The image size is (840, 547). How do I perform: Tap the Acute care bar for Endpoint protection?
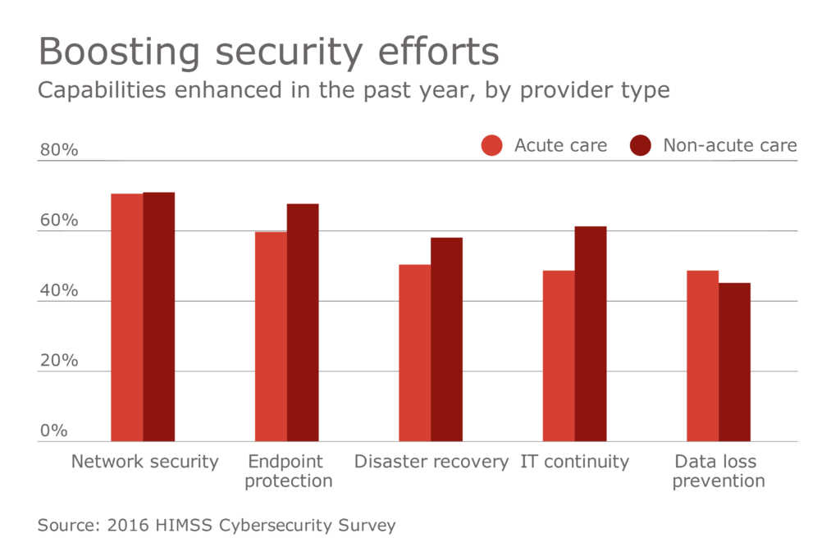(271, 336)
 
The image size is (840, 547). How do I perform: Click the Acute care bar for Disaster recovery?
(415, 353)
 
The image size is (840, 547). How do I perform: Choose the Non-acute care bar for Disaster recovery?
(447, 340)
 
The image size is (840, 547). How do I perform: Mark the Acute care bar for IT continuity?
(559, 356)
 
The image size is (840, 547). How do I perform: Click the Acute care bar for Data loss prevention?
(703, 356)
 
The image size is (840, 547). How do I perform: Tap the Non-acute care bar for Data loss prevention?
(735, 362)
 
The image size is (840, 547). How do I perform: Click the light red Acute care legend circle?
(492, 146)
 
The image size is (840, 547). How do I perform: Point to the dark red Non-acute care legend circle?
(641, 146)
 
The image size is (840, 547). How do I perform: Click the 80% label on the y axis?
(58, 151)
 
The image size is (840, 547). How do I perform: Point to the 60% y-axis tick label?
(58, 221)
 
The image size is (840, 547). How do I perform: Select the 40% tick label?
(58, 291)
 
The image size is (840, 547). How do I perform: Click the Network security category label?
(145, 462)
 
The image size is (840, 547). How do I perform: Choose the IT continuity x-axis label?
(574, 462)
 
